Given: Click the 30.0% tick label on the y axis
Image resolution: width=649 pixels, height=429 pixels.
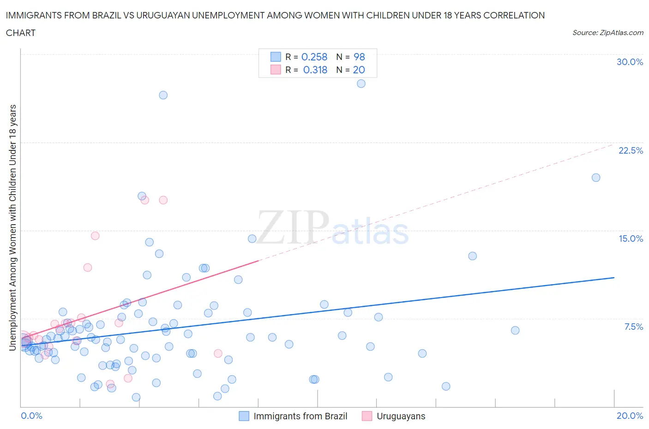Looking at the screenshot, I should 630,62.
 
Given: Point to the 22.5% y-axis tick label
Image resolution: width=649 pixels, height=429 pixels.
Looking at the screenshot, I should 631,150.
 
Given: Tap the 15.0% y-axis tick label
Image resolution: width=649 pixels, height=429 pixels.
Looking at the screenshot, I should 631,238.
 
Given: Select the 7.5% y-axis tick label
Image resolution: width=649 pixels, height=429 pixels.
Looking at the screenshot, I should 633,327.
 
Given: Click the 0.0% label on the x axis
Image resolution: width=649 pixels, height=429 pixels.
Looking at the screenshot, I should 31,416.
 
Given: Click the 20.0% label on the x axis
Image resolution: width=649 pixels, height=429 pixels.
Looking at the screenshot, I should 630,416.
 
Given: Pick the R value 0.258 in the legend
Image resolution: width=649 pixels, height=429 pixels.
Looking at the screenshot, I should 314,57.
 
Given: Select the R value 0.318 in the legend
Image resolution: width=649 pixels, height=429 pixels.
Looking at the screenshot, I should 315,70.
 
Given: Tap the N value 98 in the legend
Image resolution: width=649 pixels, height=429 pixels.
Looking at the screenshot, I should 359,57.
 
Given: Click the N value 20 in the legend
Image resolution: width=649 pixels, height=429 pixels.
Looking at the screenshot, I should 359,70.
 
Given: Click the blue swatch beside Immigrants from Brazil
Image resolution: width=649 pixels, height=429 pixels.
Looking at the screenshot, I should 244,416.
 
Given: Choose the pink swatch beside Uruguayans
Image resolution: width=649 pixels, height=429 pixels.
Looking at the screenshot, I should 367,416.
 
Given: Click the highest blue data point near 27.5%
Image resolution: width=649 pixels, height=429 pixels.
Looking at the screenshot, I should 361,83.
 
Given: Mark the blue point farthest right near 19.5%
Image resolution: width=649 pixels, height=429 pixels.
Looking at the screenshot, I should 596,178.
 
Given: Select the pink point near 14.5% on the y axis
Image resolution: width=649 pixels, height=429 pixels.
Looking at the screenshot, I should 95,236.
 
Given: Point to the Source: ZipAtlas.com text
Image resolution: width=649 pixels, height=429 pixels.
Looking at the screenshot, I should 607,33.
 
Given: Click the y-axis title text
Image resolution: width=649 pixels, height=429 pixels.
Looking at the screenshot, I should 12,227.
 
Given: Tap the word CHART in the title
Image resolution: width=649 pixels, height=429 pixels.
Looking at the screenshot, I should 21,33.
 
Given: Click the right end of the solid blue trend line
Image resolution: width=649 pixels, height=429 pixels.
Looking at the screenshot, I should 614,278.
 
